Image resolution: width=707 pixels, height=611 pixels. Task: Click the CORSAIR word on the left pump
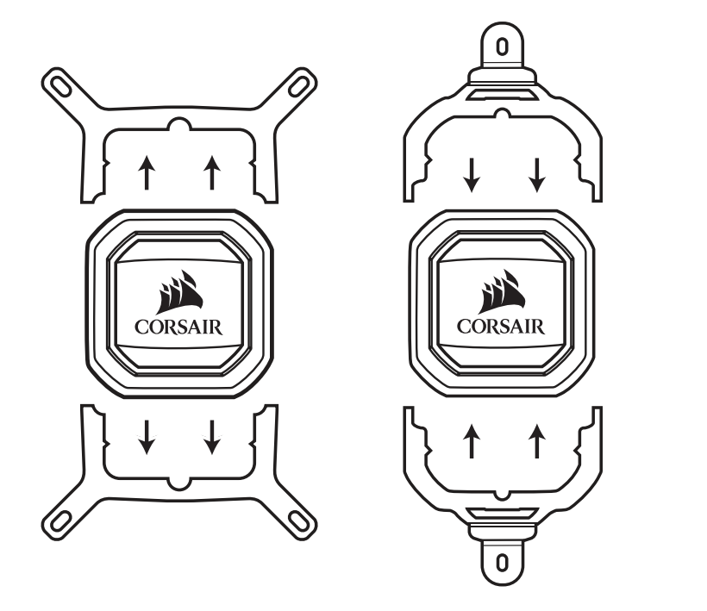coord(178,327)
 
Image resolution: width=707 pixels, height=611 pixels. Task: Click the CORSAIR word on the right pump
coord(501,327)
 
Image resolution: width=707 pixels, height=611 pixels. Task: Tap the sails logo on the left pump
coord(179,292)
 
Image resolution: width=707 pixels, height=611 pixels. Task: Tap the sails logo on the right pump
coord(502,291)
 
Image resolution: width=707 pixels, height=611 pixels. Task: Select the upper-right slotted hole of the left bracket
coord(298,86)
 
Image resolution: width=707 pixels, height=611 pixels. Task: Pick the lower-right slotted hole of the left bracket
coord(298,521)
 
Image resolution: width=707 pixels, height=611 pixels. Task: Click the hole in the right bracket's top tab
coord(503,47)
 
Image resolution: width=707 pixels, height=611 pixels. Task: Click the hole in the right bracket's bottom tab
coord(503,563)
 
